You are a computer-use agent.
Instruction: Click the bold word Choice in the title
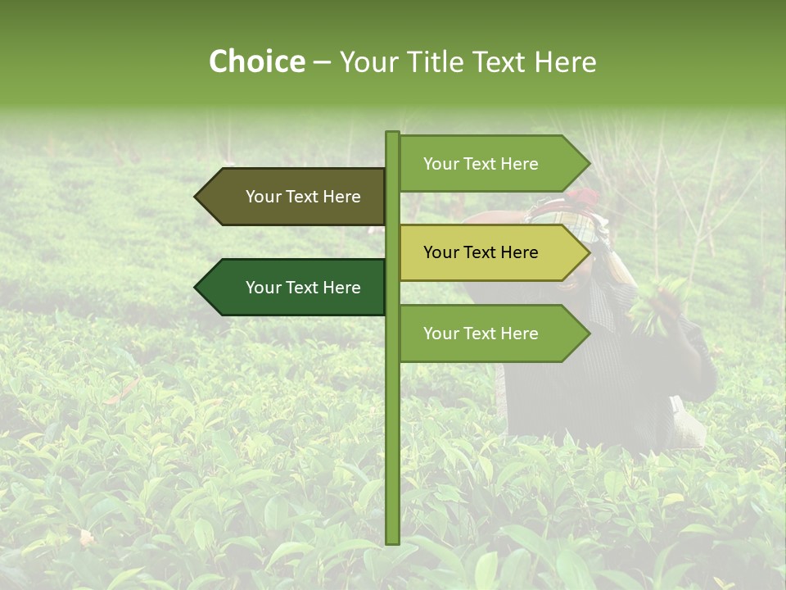point(256,61)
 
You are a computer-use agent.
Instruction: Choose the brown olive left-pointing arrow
point(295,197)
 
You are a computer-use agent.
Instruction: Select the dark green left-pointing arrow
point(295,288)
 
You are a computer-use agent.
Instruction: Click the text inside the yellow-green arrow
point(481,252)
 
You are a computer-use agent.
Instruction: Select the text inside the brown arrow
point(303,197)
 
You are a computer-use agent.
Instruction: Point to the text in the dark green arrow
point(303,288)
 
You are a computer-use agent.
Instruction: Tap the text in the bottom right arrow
point(481,334)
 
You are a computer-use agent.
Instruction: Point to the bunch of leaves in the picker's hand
point(659,303)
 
